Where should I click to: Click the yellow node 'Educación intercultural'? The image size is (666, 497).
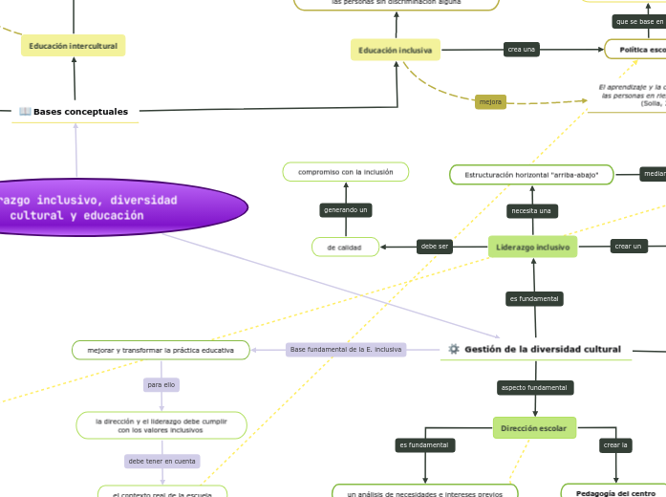coord(73,46)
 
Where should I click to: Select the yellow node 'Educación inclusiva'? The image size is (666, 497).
coord(395,50)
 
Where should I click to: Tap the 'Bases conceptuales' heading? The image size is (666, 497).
coord(80,112)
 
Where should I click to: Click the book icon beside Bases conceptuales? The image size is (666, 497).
coord(25,112)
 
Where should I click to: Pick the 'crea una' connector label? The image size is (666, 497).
coord(521,50)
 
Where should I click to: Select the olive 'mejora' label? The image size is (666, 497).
coord(490,101)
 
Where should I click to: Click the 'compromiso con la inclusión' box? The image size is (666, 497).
coord(345,172)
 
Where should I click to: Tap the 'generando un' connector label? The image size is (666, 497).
coord(345,209)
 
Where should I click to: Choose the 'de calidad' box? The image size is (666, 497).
coord(345,247)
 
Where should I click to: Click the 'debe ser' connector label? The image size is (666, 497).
coord(435,247)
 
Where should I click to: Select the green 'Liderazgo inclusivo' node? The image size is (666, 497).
coord(533,247)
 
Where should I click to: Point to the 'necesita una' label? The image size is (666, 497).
coord(532,210)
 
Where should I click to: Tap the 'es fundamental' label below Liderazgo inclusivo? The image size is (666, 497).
coord(533,299)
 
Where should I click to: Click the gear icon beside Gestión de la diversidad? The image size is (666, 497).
coord(453,350)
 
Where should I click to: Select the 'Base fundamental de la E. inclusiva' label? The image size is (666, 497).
coord(346,350)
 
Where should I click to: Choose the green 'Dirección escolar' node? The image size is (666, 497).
coord(534,428)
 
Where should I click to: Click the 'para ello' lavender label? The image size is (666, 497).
coord(161,384)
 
